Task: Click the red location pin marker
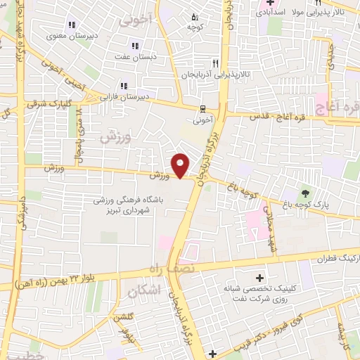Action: click(181, 165)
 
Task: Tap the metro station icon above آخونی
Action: click(202, 108)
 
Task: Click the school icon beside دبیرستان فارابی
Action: click(124, 86)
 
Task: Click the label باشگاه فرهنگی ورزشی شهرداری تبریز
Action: click(129, 205)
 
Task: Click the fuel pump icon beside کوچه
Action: click(195, 17)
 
